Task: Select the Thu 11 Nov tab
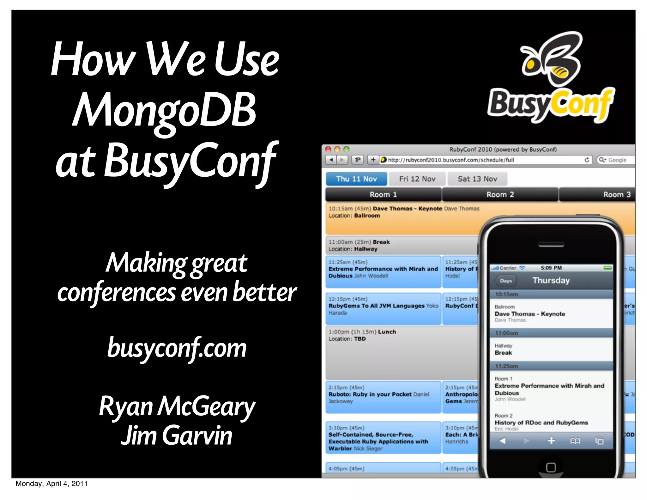[x=356, y=179]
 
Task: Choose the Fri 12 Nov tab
[x=417, y=179]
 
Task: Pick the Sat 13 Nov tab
[x=477, y=179]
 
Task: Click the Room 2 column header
[x=500, y=194]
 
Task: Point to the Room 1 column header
[x=383, y=194]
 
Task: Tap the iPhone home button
[x=551, y=467]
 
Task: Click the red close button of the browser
[x=328, y=149]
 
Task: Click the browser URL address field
[x=483, y=160]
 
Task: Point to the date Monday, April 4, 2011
[x=51, y=484]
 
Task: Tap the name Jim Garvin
[x=177, y=436]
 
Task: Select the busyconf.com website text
[x=177, y=348]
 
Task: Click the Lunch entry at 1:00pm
[x=387, y=332]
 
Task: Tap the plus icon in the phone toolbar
[x=551, y=441]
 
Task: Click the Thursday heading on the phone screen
[x=551, y=280]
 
